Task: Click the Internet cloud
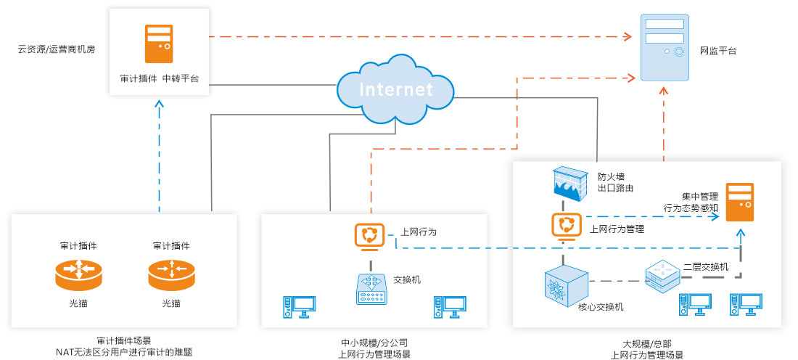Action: tap(395, 89)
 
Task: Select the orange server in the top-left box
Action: tap(159, 44)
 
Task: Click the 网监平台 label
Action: tap(718, 51)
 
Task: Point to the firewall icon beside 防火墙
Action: tap(569, 182)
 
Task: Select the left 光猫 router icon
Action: tap(78, 274)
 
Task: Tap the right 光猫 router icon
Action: tap(171, 274)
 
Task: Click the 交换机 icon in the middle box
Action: tap(374, 287)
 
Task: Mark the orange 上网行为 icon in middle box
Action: tap(369, 236)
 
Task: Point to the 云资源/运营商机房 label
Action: tap(57, 51)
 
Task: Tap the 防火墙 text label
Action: tap(611, 176)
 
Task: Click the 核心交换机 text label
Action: tap(601, 307)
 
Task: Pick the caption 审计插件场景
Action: tap(124, 340)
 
